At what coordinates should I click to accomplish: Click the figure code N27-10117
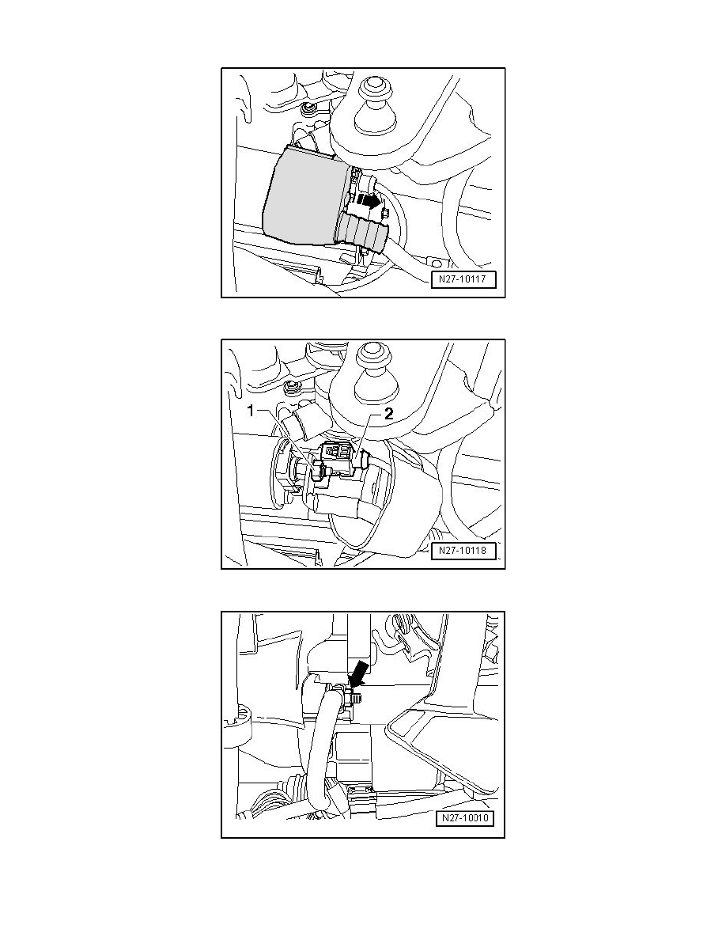pyautogui.click(x=463, y=279)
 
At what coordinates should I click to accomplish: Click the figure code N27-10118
pyautogui.click(x=463, y=551)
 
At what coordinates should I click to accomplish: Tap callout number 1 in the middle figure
pyautogui.click(x=252, y=411)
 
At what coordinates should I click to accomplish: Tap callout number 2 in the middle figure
pyautogui.click(x=388, y=413)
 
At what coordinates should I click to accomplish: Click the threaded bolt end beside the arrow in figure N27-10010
pyautogui.click(x=357, y=698)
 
